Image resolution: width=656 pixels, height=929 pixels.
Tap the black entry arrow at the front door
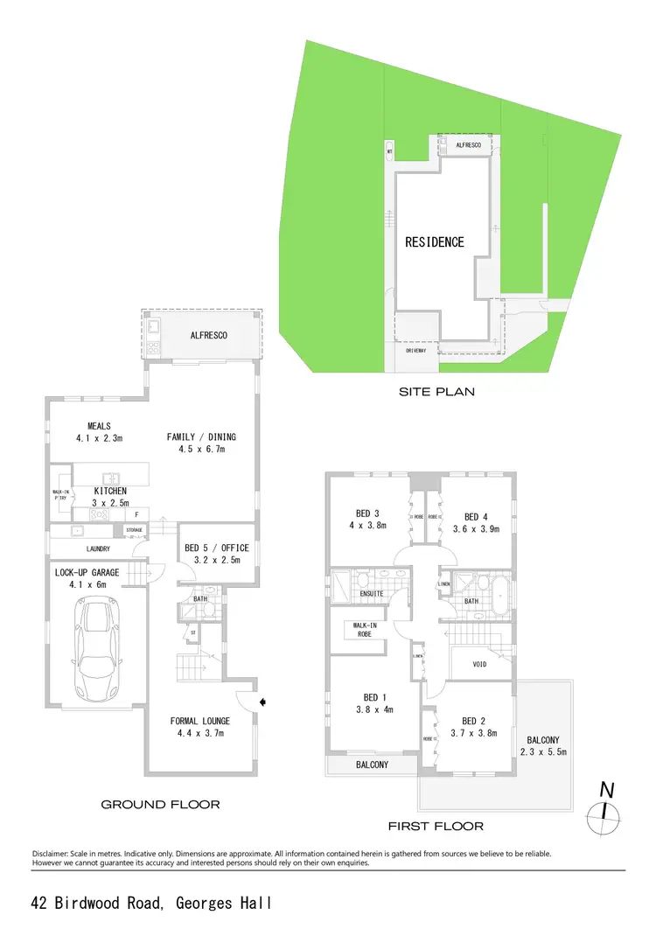[264, 701]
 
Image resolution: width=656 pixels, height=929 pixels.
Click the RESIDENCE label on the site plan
[434, 241]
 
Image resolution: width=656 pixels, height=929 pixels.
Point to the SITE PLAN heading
[436, 392]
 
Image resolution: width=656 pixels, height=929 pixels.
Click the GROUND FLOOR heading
[160, 804]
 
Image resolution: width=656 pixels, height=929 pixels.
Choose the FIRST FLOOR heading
[436, 825]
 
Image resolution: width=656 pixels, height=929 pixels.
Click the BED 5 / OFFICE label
[217, 548]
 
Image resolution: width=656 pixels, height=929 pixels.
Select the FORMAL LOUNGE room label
[200, 722]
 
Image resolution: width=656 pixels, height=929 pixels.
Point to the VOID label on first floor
[479, 665]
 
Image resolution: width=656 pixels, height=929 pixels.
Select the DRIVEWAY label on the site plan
[415, 351]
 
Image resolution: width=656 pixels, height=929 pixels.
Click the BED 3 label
[367, 513]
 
